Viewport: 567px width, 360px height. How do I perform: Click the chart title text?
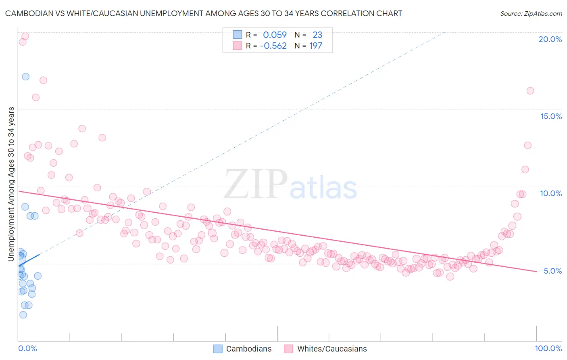coord(203,13)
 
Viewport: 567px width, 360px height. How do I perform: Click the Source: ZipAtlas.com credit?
coord(531,13)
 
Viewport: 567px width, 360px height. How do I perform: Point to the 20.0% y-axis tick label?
coord(550,39)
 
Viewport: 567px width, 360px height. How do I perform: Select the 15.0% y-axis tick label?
coord(551,116)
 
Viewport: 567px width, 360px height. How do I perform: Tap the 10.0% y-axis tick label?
coord(551,193)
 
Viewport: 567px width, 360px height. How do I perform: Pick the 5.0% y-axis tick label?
coord(552,271)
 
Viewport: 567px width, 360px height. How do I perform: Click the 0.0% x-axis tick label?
coord(27,348)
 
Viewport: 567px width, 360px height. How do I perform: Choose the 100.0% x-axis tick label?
coord(548,348)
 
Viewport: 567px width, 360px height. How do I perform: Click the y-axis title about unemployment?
coord(11,184)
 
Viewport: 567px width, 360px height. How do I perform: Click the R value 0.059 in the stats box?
coord(275,35)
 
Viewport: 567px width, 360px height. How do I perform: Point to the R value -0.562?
coord(273,46)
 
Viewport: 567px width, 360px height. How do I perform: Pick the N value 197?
coord(316,46)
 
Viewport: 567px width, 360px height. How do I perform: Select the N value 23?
coord(317,35)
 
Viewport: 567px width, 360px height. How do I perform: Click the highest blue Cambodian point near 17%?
coord(25,77)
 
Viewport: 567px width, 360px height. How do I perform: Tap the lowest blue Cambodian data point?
coord(23,315)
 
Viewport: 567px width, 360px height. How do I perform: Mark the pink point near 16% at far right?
coord(530,91)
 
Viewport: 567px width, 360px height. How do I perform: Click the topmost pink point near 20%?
coord(25,36)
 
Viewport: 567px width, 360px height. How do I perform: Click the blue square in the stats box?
coord(237,35)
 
